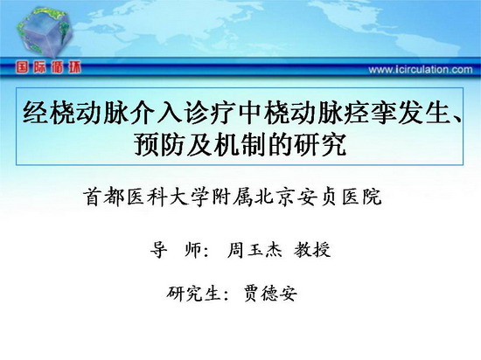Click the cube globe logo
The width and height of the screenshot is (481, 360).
[x=45, y=31]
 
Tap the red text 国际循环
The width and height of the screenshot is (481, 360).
[x=48, y=66]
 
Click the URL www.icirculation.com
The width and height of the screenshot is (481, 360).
[x=421, y=70]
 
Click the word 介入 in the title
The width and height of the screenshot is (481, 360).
[x=157, y=113]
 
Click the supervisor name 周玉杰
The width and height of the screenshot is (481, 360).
[x=254, y=250]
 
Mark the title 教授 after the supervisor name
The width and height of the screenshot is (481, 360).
[x=312, y=250]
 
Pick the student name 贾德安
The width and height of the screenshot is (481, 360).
[x=270, y=294]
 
